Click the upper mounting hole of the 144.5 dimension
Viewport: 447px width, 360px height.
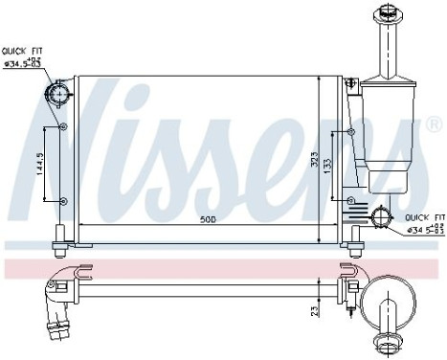63,127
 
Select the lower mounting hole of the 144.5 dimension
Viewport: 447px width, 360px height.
63,201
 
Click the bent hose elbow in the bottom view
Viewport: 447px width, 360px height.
58,291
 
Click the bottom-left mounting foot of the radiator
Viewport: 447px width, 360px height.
60,235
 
